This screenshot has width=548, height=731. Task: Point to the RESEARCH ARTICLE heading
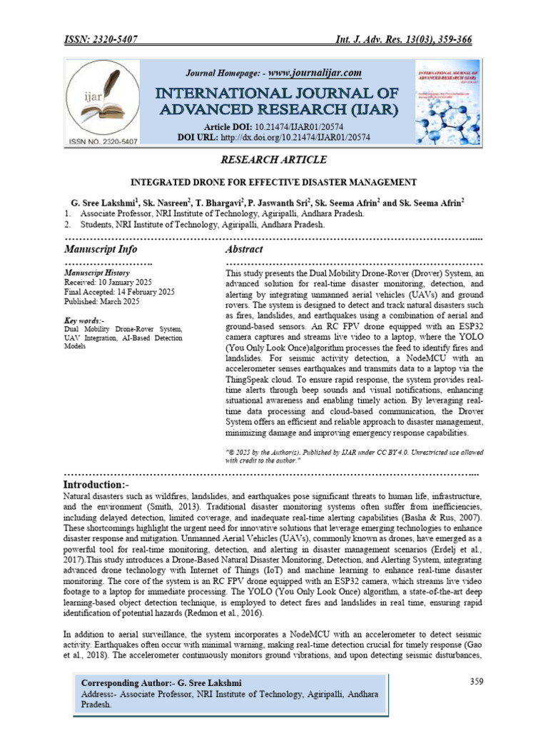coord(274,159)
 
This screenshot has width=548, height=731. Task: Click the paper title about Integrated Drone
coord(273,182)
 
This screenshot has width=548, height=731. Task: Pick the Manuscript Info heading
coord(101,249)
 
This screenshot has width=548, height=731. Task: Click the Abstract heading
coord(244,249)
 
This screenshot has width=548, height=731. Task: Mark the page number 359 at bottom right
coord(477,681)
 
